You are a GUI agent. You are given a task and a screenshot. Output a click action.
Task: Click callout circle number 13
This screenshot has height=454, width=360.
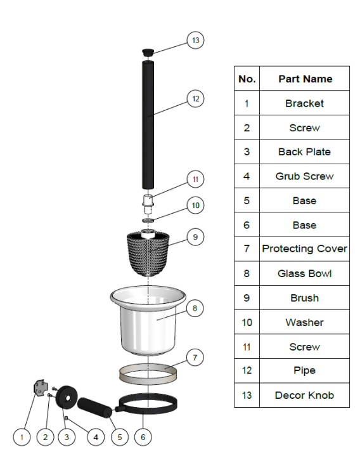(x=196, y=41)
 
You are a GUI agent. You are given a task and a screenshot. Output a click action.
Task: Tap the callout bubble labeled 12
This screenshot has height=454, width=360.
(x=196, y=98)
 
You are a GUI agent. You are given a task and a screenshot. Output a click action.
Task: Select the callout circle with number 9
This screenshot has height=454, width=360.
(x=196, y=237)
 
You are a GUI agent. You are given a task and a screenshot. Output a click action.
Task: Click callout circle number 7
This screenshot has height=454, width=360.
(x=196, y=358)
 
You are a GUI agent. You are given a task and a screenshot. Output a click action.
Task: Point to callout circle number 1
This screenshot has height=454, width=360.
(x=22, y=436)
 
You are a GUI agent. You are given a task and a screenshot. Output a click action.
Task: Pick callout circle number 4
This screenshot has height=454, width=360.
(x=96, y=436)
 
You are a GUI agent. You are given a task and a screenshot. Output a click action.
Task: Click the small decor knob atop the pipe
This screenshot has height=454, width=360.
(x=148, y=50)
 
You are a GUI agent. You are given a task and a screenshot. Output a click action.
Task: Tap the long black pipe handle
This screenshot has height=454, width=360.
(x=148, y=120)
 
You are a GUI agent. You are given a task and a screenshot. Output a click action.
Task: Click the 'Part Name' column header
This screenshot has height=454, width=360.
(x=305, y=79)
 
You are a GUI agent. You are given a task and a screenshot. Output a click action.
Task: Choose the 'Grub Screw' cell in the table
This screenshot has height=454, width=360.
(x=305, y=176)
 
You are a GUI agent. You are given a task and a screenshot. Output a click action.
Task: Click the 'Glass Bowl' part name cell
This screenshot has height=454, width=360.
(x=305, y=274)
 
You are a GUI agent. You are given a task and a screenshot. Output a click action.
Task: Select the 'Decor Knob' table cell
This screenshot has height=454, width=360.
(x=305, y=395)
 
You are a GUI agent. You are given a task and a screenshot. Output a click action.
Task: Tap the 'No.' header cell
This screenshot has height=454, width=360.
(x=247, y=79)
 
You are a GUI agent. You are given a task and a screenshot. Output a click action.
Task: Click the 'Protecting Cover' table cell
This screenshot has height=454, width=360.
(x=305, y=249)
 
